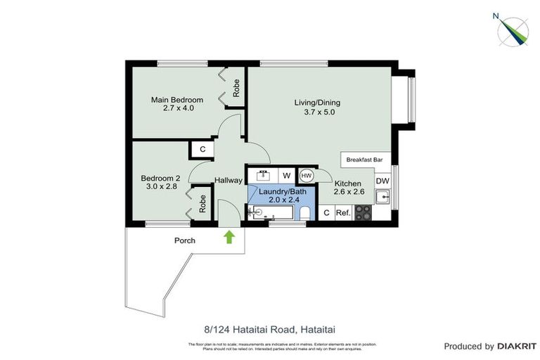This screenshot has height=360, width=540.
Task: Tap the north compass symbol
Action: pos(513,30)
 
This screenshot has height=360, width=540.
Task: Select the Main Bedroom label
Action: pos(177,100)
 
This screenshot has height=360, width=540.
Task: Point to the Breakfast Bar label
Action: pos(364,160)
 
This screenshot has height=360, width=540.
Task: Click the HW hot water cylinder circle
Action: pos(307,175)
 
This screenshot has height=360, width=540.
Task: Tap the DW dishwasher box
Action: pos(382,181)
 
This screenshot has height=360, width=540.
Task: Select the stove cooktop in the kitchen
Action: pos(364,212)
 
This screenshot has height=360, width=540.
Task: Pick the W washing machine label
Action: pos(286,175)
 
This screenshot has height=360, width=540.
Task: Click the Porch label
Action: pos(185,240)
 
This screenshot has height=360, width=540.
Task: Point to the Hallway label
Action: pos(229,181)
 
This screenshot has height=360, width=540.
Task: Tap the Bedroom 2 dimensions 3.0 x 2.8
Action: pos(161,187)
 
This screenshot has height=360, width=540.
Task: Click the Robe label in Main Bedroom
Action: pos(237,88)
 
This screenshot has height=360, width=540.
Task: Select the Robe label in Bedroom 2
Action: pos(202,203)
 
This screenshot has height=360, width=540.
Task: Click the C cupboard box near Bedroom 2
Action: pos(202,149)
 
